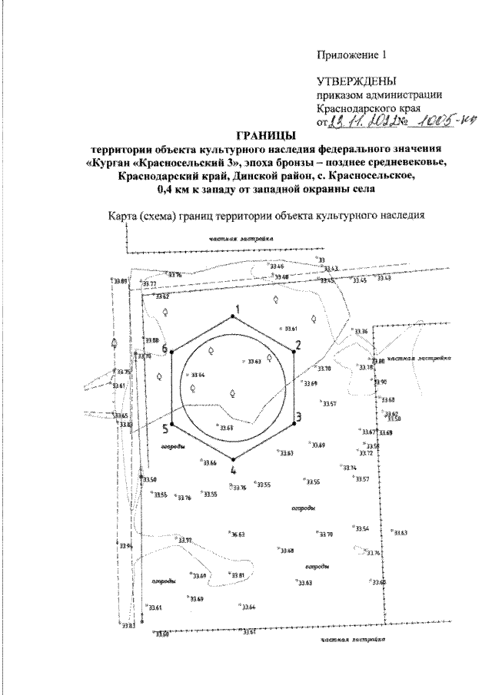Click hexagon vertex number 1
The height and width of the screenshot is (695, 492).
coord(234,316)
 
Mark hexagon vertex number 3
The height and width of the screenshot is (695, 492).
coord(294,423)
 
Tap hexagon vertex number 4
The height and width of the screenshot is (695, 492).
coord(234,458)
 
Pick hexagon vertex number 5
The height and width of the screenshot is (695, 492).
coord(171,423)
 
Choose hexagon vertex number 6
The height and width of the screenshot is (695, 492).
coord(172,352)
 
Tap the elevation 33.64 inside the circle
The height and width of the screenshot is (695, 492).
coord(197,375)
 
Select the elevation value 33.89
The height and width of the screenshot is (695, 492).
coord(119,282)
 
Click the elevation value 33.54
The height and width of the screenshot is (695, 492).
coord(362,529)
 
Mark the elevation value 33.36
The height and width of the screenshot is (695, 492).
coord(361,331)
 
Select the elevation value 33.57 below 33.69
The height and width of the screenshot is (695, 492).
coord(328,403)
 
